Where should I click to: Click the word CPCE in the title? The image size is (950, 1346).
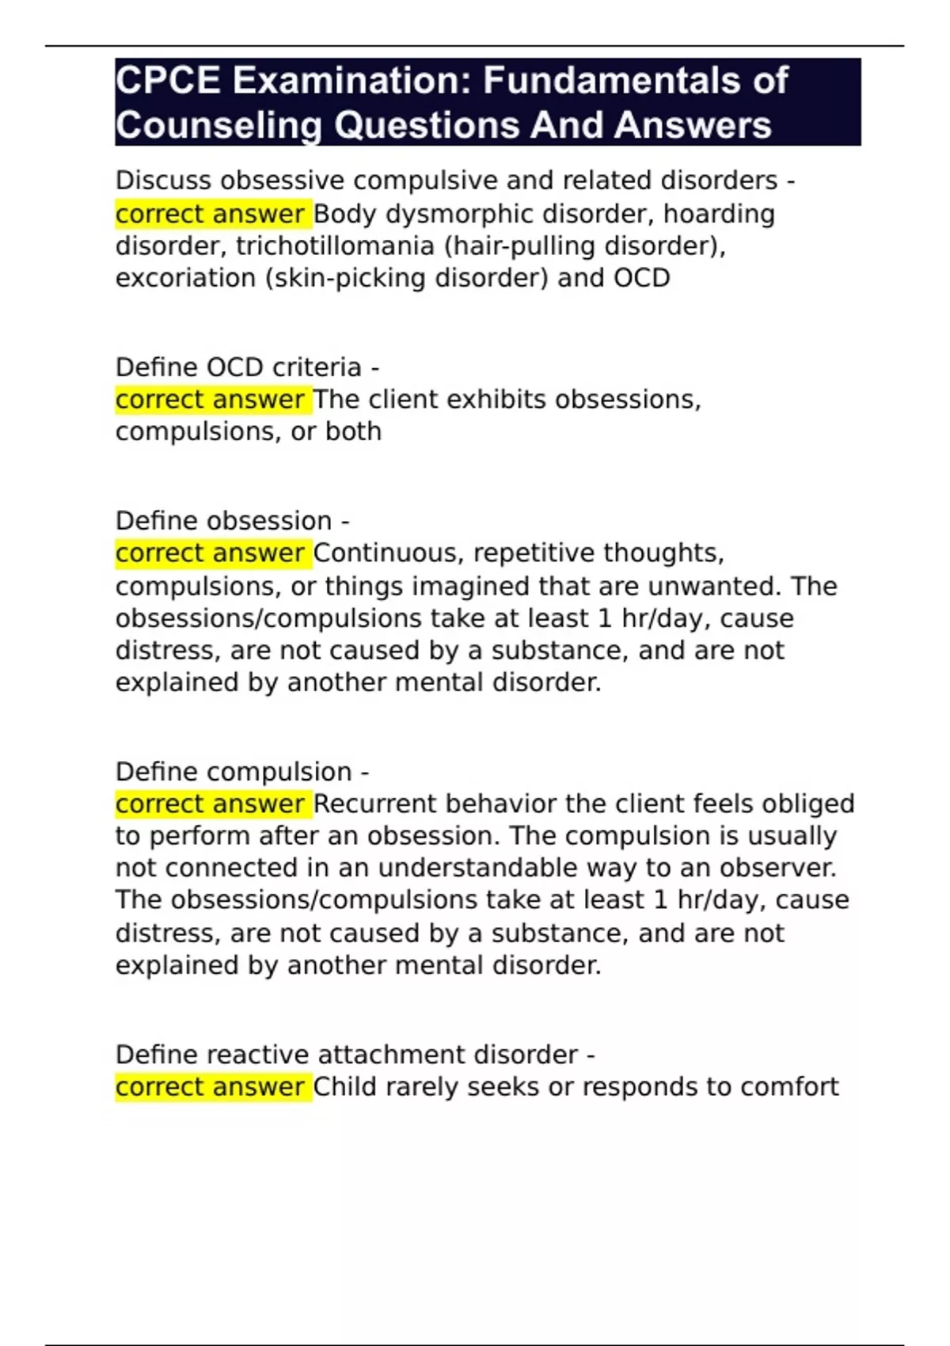[x=168, y=81]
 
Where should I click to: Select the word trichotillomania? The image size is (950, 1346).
[x=335, y=246]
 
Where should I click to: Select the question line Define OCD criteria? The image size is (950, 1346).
[x=247, y=367]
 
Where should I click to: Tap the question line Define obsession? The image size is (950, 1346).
[x=232, y=521]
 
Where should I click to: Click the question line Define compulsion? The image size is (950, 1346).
[x=242, y=772]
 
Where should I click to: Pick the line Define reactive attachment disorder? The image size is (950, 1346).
[x=355, y=1055]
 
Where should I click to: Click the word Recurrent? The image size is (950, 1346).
[x=375, y=804]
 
